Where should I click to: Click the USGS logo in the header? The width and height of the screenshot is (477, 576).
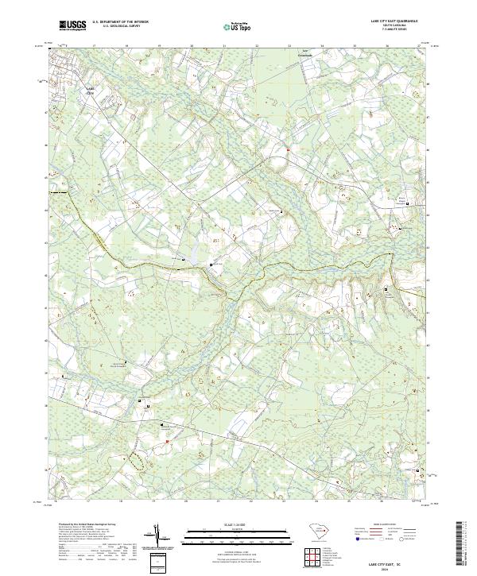(x=72, y=25)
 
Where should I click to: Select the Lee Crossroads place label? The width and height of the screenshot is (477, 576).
(x=305, y=54)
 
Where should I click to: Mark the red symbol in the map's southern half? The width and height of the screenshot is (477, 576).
(x=167, y=440)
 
